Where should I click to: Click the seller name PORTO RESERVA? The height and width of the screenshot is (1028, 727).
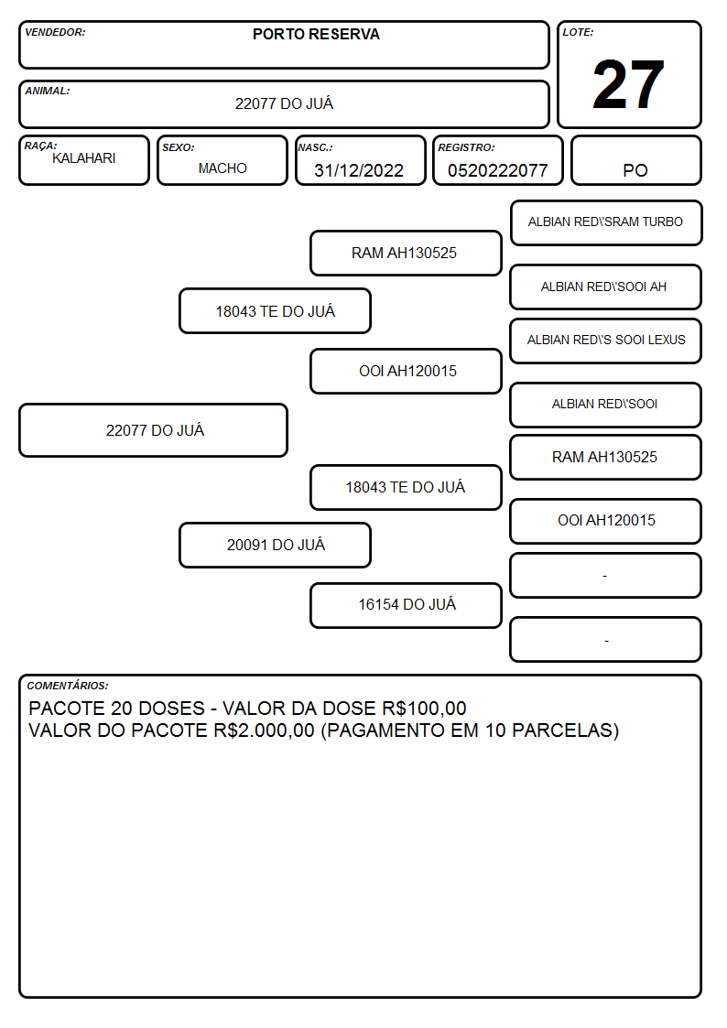(316, 34)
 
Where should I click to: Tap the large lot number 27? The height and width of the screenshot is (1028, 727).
(628, 84)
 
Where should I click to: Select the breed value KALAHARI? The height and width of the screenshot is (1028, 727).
(84, 158)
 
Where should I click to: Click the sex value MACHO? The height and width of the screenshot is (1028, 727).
(222, 168)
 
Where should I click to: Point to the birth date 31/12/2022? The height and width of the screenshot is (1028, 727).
(359, 170)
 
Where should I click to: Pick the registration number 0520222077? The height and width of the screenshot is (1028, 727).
(497, 170)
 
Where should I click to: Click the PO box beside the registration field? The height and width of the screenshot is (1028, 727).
(635, 160)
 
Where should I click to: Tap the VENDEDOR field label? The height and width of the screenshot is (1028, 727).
(55, 32)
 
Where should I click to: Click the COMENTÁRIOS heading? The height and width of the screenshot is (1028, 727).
(68, 686)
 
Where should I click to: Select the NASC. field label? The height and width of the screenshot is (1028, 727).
(315, 148)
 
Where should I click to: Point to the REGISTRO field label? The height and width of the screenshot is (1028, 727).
(466, 148)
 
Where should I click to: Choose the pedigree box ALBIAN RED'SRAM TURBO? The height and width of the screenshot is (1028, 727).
(606, 223)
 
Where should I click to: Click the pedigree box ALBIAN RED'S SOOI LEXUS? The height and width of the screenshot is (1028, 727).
(606, 341)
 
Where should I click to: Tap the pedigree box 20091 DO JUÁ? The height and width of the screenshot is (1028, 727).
(276, 545)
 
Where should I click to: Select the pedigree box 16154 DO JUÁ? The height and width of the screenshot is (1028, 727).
(407, 605)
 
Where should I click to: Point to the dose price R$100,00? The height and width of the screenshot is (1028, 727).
(424, 709)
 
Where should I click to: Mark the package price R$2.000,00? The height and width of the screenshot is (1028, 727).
(265, 730)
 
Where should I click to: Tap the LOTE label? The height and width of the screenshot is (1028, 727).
(578, 32)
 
